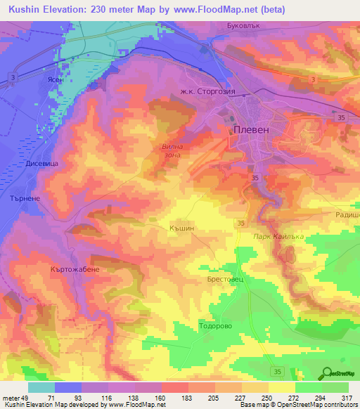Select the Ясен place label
[56, 80]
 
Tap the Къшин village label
[181, 228]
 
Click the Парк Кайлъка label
[278, 237]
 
